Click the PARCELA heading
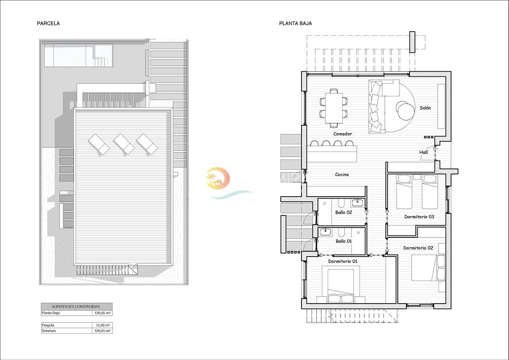coord(49,24)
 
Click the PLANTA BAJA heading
coord(295,24)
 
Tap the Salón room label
coord(425,108)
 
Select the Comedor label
coord(343,134)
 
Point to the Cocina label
coord(342,175)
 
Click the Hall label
coord(424,152)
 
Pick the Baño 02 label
coord(344,212)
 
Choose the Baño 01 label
coord(344,241)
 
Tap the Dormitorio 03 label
coord(419,217)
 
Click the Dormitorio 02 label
coord(418,248)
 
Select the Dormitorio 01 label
coord(343,261)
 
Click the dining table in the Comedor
coord(334,108)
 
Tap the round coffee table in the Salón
coord(406,111)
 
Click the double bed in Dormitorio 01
coord(341,286)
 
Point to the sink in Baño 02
coord(357,203)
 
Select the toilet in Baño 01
coord(341,233)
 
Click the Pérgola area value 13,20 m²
coord(103,325)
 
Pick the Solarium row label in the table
coord(49,331)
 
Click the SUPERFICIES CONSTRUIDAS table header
coord(76,307)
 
